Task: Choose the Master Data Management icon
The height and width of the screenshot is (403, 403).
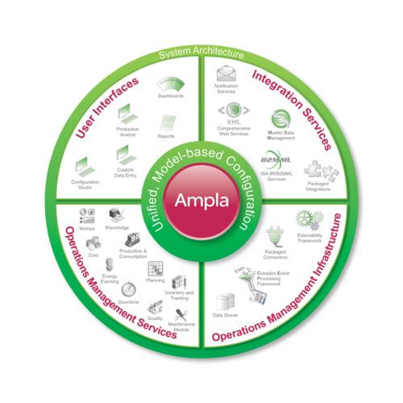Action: pyautogui.click(x=280, y=118)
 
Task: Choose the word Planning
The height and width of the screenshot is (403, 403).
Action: pyautogui.click(x=155, y=281)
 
